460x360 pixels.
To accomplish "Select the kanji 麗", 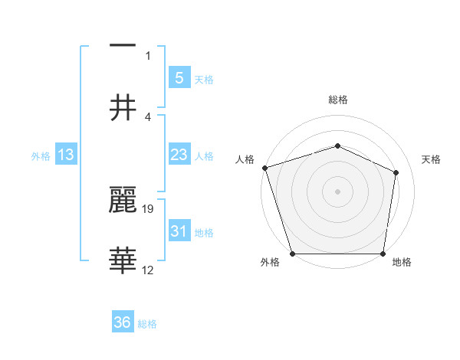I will click(x=123, y=201).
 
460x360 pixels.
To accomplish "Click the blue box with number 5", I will click(x=179, y=78).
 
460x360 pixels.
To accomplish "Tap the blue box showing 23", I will click(x=179, y=155).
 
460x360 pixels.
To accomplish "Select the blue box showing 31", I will click(x=179, y=231).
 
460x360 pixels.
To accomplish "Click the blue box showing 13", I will click(x=66, y=155).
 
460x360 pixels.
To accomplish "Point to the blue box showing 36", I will click(x=123, y=322).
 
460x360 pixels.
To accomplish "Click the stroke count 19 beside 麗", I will click(x=149, y=208).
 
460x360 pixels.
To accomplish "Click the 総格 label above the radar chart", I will click(x=337, y=100).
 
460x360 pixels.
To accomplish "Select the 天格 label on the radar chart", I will click(x=432, y=159).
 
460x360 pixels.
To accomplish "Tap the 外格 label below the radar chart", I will click(x=270, y=263).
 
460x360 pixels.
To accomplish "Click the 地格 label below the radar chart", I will click(x=402, y=263).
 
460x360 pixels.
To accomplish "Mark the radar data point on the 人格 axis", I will click(x=264, y=168).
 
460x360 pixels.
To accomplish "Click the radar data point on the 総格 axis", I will click(x=337, y=146).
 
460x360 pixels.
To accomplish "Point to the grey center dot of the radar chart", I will click(x=337, y=191).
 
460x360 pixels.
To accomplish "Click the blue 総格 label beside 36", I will click(x=147, y=324).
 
